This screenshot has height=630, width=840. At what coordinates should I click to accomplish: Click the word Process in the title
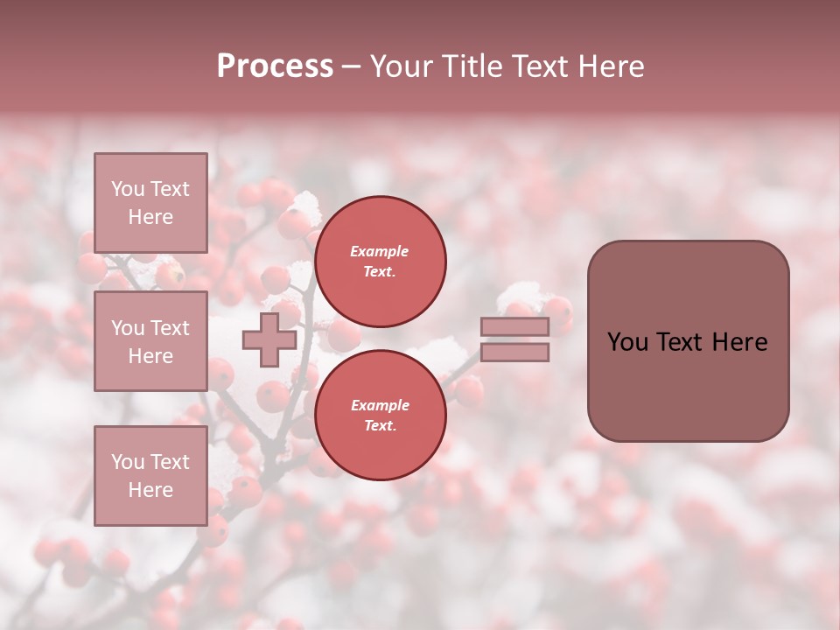(275, 66)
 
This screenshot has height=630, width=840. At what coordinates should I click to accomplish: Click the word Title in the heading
(470, 66)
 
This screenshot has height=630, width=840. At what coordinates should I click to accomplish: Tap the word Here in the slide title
(610, 66)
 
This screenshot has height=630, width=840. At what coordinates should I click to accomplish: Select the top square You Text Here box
(150, 203)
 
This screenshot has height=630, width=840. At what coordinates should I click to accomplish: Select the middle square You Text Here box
(150, 341)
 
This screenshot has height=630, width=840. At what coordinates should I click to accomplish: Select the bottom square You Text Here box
(150, 475)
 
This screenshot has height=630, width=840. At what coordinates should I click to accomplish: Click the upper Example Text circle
(380, 261)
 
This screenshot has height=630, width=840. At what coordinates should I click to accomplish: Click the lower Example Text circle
(380, 415)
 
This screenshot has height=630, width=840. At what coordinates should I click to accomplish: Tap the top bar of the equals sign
(514, 327)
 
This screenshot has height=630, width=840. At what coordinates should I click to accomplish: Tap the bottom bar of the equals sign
(514, 353)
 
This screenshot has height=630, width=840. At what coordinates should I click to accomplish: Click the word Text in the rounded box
(680, 342)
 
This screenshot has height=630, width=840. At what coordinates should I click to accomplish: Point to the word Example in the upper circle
(380, 251)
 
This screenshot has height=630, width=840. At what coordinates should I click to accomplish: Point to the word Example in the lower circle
(380, 405)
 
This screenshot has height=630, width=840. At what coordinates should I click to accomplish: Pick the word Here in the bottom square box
(150, 490)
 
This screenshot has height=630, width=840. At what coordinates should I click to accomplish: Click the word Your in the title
(402, 66)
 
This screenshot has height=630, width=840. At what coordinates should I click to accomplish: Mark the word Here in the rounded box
(741, 342)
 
